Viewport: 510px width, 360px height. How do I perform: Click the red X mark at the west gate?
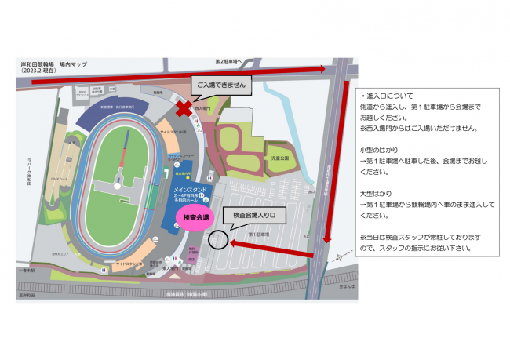184,107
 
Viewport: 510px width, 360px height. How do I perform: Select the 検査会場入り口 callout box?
255,214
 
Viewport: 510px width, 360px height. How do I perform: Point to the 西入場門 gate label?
202,107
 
